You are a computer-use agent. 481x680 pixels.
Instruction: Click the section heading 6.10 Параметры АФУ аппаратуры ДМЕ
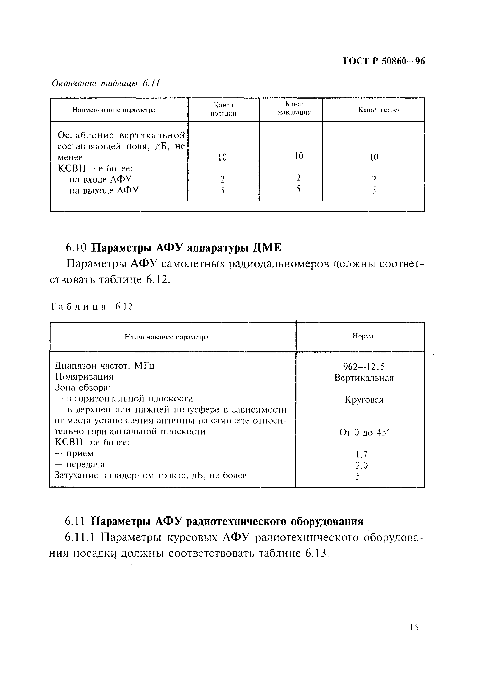point(173,248)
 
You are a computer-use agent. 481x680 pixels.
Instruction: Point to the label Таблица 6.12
point(91,307)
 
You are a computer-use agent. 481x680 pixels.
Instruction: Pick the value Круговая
point(364,400)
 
